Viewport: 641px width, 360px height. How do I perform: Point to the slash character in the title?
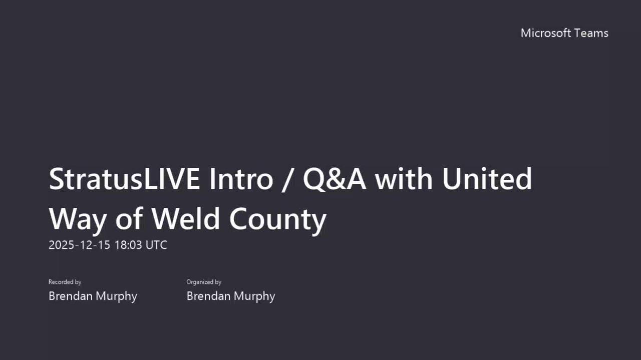(x=285, y=180)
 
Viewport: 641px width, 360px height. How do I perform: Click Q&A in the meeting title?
(x=334, y=179)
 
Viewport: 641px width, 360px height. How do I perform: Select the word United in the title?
(x=487, y=179)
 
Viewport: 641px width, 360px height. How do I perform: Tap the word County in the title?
(x=278, y=219)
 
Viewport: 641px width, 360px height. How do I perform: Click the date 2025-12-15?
(x=79, y=245)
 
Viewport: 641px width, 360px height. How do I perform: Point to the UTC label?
(x=156, y=245)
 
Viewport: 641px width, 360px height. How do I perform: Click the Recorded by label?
(x=65, y=282)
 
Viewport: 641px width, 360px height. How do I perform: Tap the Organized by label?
(x=204, y=282)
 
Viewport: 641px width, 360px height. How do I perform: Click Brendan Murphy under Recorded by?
(x=93, y=296)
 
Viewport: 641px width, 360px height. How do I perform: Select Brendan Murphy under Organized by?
(x=231, y=296)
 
